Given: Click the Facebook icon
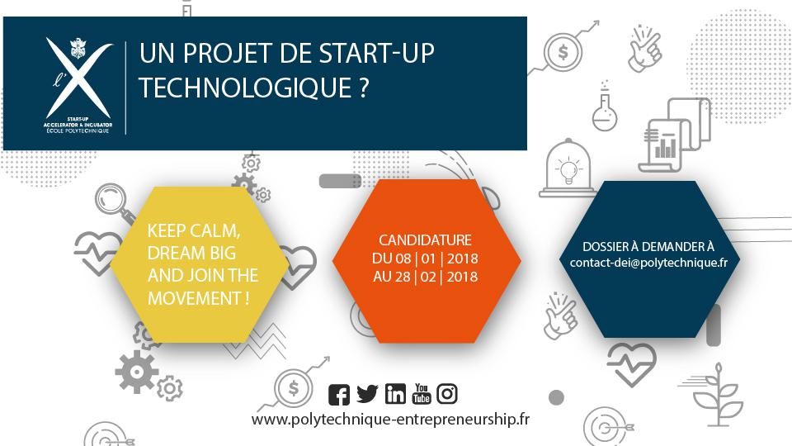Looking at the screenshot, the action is point(339,395).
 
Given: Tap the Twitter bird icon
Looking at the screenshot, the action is point(367,394).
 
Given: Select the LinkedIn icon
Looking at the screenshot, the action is point(395,393).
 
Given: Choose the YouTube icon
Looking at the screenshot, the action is point(422,393).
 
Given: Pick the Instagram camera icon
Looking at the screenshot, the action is point(447,393).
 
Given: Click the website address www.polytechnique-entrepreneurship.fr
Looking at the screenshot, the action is point(390,420).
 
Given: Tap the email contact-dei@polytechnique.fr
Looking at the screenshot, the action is point(648,263).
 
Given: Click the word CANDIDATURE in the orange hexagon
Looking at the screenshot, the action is point(426,240).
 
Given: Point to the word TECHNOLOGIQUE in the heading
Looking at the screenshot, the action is point(245,87).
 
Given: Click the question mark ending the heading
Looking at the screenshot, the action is point(364,87).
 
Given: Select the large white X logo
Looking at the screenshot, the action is point(79,78).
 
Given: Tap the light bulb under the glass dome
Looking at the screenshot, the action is point(568,169).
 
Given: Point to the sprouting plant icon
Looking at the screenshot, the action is point(713,395).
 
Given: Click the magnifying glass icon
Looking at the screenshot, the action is point(114,202).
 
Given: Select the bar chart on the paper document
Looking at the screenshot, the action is point(665,146).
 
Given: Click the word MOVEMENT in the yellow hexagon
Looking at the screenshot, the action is point(194,298).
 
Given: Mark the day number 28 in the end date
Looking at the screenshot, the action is point(403,277).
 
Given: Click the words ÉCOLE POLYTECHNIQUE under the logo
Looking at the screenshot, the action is point(78,131).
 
